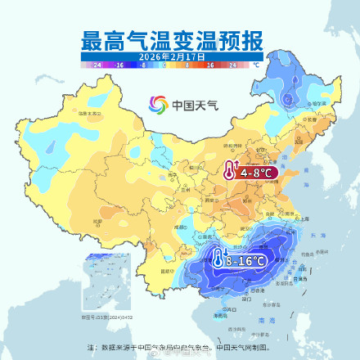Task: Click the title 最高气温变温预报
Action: (x=179, y=39)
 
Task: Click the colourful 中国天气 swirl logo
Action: (x=158, y=105)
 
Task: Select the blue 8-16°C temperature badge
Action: (x=244, y=260)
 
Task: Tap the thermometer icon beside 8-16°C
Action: (x=218, y=259)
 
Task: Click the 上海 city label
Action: (x=304, y=218)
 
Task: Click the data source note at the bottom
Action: (x=181, y=348)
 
